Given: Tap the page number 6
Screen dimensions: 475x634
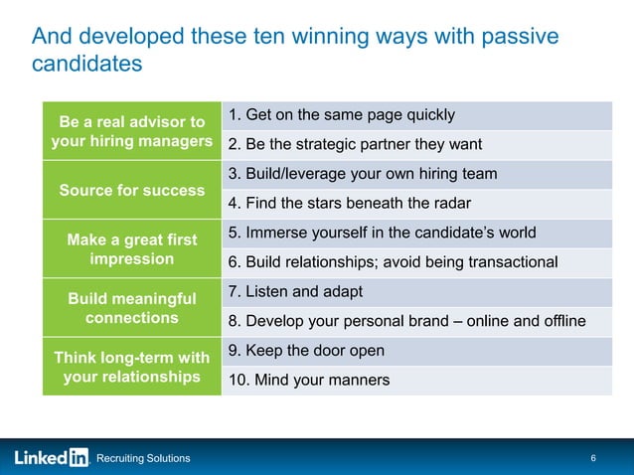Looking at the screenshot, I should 593,458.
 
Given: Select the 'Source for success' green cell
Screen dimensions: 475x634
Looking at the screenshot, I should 132,190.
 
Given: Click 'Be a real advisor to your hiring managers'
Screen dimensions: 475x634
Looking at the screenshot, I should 132,131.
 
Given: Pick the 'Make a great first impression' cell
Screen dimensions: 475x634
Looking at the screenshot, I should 132,248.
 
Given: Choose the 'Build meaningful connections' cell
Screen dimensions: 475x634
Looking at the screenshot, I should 132,308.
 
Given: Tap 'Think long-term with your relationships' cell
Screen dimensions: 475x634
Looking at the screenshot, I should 132,367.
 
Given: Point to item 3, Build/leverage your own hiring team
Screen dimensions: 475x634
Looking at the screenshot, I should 363,174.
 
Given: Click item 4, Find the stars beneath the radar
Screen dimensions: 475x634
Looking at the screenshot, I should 349,205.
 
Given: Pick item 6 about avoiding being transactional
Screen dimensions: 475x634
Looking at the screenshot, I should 393,262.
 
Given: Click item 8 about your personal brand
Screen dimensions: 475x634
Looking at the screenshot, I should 406,321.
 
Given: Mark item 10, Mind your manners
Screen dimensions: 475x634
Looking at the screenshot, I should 309,381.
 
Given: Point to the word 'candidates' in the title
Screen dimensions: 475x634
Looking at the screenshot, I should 87,65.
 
